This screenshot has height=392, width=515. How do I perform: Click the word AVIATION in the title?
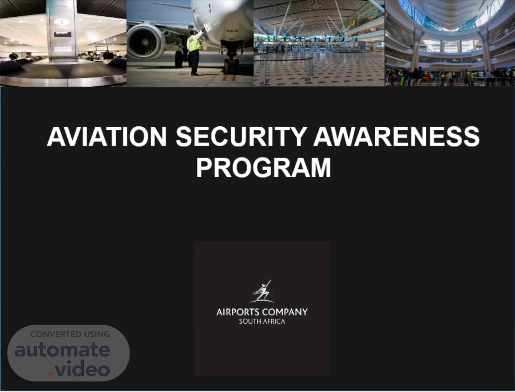click(107, 137)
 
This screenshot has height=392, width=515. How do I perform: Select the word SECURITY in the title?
click(241, 137)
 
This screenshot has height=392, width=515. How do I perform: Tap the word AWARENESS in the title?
click(396, 137)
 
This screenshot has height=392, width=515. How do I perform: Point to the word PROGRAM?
click(263, 168)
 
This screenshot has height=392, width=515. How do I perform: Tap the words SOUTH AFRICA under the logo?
click(262, 321)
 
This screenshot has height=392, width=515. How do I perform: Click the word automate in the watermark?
click(63, 350)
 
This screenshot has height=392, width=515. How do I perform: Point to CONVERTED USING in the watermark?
click(70, 334)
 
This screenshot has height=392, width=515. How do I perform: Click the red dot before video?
click(51, 374)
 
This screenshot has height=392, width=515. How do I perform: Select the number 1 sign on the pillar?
click(62, 22)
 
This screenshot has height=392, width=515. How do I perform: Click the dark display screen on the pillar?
click(63, 34)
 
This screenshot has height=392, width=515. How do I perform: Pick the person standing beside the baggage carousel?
click(13, 56)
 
